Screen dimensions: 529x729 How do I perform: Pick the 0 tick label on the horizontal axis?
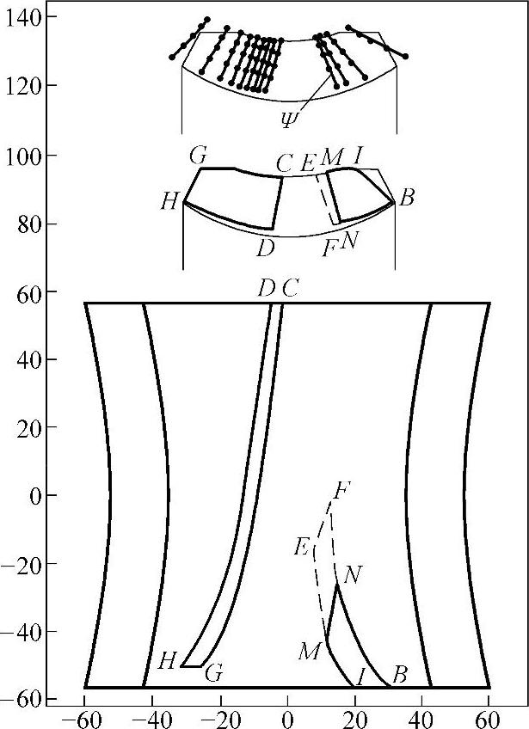pyautogui.click(x=288, y=715)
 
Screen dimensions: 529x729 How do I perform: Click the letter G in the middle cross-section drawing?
pyautogui.click(x=198, y=156)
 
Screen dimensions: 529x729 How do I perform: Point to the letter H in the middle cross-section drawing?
pyautogui.click(x=169, y=203)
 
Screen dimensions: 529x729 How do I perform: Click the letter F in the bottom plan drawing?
pyautogui.click(x=341, y=492)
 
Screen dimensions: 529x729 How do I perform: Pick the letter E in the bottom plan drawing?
pyautogui.click(x=301, y=546)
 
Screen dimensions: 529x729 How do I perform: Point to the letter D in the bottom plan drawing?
pyautogui.click(x=266, y=289)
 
